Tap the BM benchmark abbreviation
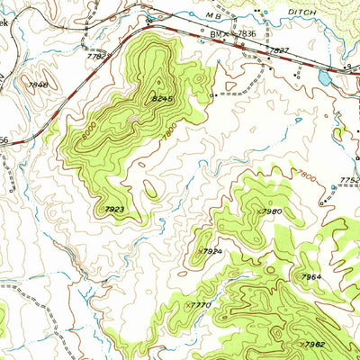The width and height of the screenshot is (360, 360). click(215, 33)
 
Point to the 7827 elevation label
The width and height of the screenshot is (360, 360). click(280, 50)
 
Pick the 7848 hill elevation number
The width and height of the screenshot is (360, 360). click(38, 85)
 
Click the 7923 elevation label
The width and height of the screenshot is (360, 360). click(115, 210)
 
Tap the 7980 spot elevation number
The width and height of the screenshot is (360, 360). click(270, 211)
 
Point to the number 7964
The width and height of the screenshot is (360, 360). click(311, 276)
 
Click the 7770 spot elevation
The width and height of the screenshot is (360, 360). click(200, 306)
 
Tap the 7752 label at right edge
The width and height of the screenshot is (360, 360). click(350, 180)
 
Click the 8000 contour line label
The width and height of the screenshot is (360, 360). click(87, 131)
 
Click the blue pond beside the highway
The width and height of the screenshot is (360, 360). click(323, 78)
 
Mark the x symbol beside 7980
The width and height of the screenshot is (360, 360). click(256, 211)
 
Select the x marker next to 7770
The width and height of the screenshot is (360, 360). click(186, 306)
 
